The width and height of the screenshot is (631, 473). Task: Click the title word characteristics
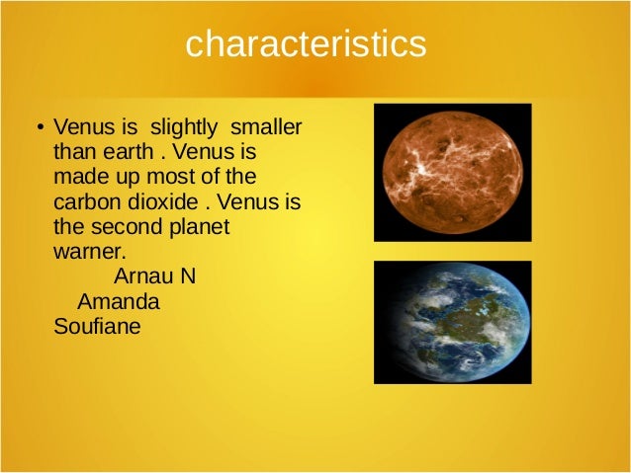pos(306,43)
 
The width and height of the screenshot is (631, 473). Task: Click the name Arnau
pos(143,276)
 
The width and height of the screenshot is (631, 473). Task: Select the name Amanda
pos(118,299)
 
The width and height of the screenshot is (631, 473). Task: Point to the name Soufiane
pos(96,324)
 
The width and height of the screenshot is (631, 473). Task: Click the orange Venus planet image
pos(452,171)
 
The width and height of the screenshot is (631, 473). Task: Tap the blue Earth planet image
pos(452,322)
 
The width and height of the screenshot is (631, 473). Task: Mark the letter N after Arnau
pos(188,276)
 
